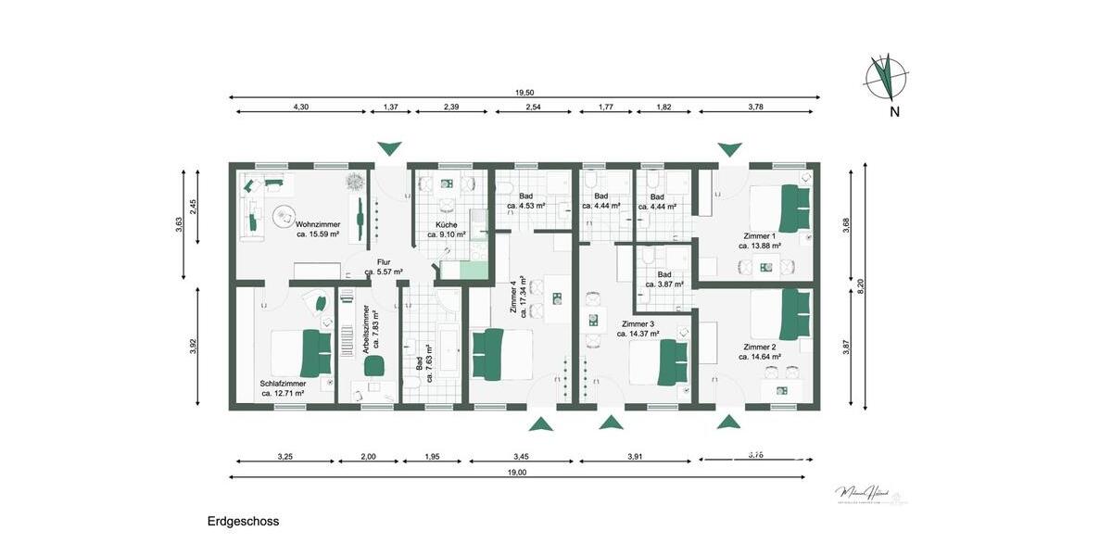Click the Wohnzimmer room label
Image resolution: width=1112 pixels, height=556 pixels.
point(317,229)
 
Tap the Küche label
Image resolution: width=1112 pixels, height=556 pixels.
point(447,230)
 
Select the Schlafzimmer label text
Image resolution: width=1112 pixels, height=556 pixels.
point(283,388)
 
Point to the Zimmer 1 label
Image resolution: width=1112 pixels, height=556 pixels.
point(759,241)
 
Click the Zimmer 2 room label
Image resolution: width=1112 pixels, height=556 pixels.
point(759,351)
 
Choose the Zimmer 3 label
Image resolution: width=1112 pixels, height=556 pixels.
point(638,329)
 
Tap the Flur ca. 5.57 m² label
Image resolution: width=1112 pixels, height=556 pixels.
point(384,267)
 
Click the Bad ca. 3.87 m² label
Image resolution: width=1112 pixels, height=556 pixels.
point(664,279)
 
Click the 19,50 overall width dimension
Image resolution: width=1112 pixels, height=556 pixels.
point(524,93)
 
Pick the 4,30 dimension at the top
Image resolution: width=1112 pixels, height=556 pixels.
point(300,108)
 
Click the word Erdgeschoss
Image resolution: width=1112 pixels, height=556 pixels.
point(243,522)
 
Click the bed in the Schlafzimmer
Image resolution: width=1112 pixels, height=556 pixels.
point(301,353)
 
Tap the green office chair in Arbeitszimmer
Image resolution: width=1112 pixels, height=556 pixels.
point(374,365)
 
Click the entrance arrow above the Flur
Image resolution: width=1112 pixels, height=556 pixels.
point(390,148)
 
